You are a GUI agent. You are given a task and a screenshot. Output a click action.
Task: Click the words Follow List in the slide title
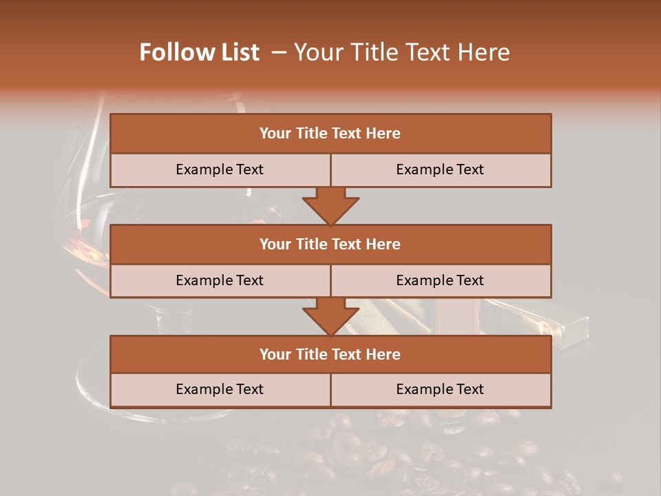pos(200,52)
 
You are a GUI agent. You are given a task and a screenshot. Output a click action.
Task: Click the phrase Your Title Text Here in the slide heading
pos(402,52)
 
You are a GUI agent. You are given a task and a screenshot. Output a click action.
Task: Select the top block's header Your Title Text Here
pos(330,134)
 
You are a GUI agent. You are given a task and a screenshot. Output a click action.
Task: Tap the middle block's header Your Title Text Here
pos(330,244)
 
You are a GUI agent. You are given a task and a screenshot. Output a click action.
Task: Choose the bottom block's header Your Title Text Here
pos(330,354)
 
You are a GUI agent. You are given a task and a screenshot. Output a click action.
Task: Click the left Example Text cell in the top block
pos(220,169)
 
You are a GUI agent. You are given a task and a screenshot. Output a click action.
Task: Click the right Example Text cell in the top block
pos(440,169)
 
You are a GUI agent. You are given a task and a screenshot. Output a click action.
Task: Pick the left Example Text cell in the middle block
pos(220,280)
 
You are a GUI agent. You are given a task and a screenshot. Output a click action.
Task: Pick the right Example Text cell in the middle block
pos(440,280)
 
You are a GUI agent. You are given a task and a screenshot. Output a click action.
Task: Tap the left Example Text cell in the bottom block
pos(220,389)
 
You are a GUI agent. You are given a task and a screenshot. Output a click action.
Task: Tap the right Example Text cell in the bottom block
pos(440,389)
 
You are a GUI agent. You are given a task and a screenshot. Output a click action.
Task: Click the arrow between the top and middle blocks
pos(330,206)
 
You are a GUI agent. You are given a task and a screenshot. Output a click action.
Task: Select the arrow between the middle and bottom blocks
pos(330,316)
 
